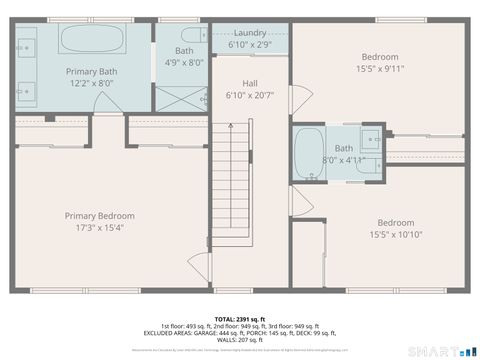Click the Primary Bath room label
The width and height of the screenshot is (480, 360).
92,72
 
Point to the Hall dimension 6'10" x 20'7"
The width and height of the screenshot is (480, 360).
250,95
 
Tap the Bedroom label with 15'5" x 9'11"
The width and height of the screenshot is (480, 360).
379,57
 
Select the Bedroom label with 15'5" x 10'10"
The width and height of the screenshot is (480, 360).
396,223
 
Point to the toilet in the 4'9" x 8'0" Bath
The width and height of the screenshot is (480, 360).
201,36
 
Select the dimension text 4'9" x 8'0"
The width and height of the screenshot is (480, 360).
184,63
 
